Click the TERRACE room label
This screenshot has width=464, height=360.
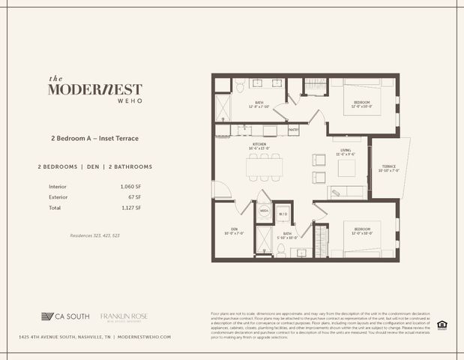pyautogui.click(x=389, y=168)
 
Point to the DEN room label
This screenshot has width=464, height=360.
pyautogui.click(x=234, y=230)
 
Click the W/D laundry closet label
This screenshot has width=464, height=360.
pyautogui.click(x=283, y=214)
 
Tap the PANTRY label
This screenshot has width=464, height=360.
pyautogui.click(x=294, y=130)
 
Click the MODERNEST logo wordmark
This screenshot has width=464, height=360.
pyautogui.click(x=94, y=89)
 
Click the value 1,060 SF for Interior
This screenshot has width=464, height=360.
pyautogui.click(x=130, y=186)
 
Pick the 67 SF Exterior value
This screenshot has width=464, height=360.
pyautogui.click(x=135, y=196)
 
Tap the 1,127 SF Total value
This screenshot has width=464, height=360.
pyautogui.click(x=130, y=207)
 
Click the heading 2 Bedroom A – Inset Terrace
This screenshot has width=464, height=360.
pyautogui.click(x=95, y=139)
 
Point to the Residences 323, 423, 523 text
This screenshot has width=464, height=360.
pyautogui.click(x=95, y=236)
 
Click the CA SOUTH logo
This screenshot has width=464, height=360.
pyautogui.click(x=67, y=316)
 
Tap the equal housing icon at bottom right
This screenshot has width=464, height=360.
pyautogui.click(x=442, y=325)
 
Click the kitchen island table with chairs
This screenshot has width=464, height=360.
pyautogui.click(x=265, y=168)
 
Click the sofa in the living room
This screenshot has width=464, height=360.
pyautogui.click(x=346, y=192)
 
